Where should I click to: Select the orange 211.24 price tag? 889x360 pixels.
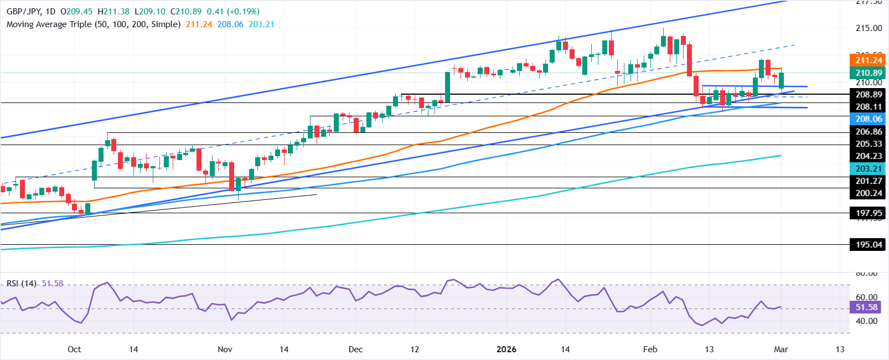[x=869, y=60]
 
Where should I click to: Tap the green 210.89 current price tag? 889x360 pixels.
[x=869, y=73]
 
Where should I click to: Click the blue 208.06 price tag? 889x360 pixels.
[x=869, y=119]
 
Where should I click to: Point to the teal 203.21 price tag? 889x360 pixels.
[x=869, y=168]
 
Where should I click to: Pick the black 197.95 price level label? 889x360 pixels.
[x=869, y=213]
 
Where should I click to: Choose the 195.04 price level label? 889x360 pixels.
[x=869, y=244]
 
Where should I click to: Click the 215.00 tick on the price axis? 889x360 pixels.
[x=869, y=28]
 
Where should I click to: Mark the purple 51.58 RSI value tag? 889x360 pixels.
[x=866, y=307]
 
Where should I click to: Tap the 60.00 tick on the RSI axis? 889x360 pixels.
[x=866, y=297]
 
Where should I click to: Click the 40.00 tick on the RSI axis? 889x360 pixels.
[x=866, y=321]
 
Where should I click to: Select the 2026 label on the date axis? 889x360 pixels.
[x=506, y=349]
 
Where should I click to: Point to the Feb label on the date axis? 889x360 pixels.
[x=650, y=349]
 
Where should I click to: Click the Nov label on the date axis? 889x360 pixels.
[x=225, y=349]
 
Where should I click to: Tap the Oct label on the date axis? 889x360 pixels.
[x=74, y=349]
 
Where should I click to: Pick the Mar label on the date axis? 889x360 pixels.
[x=781, y=349]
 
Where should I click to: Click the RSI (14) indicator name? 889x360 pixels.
[x=22, y=283]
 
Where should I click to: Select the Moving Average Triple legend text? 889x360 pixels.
[x=93, y=24]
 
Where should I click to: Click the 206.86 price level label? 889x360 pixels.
[x=869, y=131]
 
